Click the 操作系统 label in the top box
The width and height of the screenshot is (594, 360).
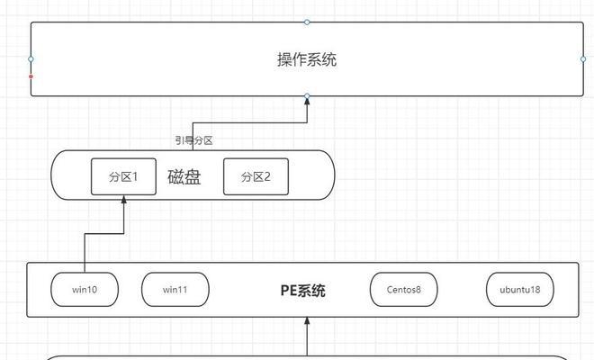(x=307, y=60)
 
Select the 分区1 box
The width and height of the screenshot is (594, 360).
(x=123, y=176)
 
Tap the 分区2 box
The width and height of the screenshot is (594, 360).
(x=256, y=176)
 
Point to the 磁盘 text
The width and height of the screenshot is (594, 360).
(x=184, y=176)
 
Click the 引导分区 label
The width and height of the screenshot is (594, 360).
(x=193, y=140)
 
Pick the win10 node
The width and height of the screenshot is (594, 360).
(x=85, y=290)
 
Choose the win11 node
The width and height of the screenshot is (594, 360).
(x=175, y=290)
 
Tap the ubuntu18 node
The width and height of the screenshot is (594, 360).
(x=520, y=290)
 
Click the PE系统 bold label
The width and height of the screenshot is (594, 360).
(x=302, y=290)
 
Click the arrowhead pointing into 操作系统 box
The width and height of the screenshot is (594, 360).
(x=307, y=103)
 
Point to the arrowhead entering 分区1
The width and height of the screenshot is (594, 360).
(x=123, y=201)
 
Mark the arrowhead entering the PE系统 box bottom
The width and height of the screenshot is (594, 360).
(x=307, y=322)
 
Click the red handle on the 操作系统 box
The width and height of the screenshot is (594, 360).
(x=31, y=76)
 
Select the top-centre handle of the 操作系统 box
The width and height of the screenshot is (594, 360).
(x=307, y=22)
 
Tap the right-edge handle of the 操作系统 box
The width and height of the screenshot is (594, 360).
(x=582, y=59)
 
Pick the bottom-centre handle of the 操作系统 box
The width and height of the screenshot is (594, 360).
(x=307, y=95)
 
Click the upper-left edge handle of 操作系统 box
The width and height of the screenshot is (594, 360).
(x=31, y=59)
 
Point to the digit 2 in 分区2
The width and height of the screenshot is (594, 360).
(x=267, y=176)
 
